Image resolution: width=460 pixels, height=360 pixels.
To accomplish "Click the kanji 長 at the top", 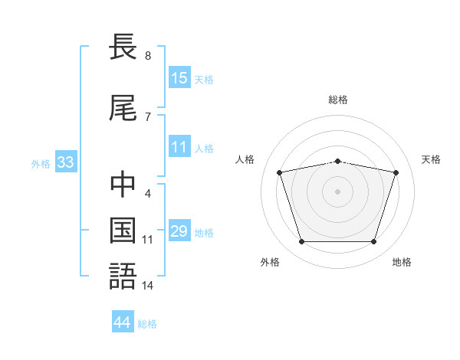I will point(123,47).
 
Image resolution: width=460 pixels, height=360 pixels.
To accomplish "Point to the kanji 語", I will point(123,275).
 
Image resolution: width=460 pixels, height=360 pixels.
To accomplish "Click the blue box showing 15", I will point(179,78).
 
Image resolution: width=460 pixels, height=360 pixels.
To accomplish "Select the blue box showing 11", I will point(179,147).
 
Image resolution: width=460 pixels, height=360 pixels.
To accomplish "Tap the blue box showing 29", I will point(179,231).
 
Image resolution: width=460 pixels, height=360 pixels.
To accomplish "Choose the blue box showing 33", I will point(65,162).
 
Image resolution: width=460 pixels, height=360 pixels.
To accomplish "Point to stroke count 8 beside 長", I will point(147,56).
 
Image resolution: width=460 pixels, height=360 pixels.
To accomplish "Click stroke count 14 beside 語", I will point(148,285).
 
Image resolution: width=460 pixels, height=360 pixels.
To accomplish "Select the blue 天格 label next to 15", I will point(204,80).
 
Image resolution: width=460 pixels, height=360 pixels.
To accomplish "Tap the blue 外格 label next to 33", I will point(41,164).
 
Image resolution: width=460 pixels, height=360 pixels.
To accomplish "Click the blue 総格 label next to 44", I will point(147,324).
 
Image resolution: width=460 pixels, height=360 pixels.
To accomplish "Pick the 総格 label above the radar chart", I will point(338,100).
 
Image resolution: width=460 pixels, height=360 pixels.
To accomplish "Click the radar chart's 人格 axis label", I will point(245,159).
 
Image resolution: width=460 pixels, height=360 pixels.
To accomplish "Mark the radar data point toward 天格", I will point(396,172).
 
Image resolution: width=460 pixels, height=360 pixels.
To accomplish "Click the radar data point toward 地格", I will point(373,242).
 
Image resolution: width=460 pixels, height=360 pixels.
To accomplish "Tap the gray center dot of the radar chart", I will point(337,191).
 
